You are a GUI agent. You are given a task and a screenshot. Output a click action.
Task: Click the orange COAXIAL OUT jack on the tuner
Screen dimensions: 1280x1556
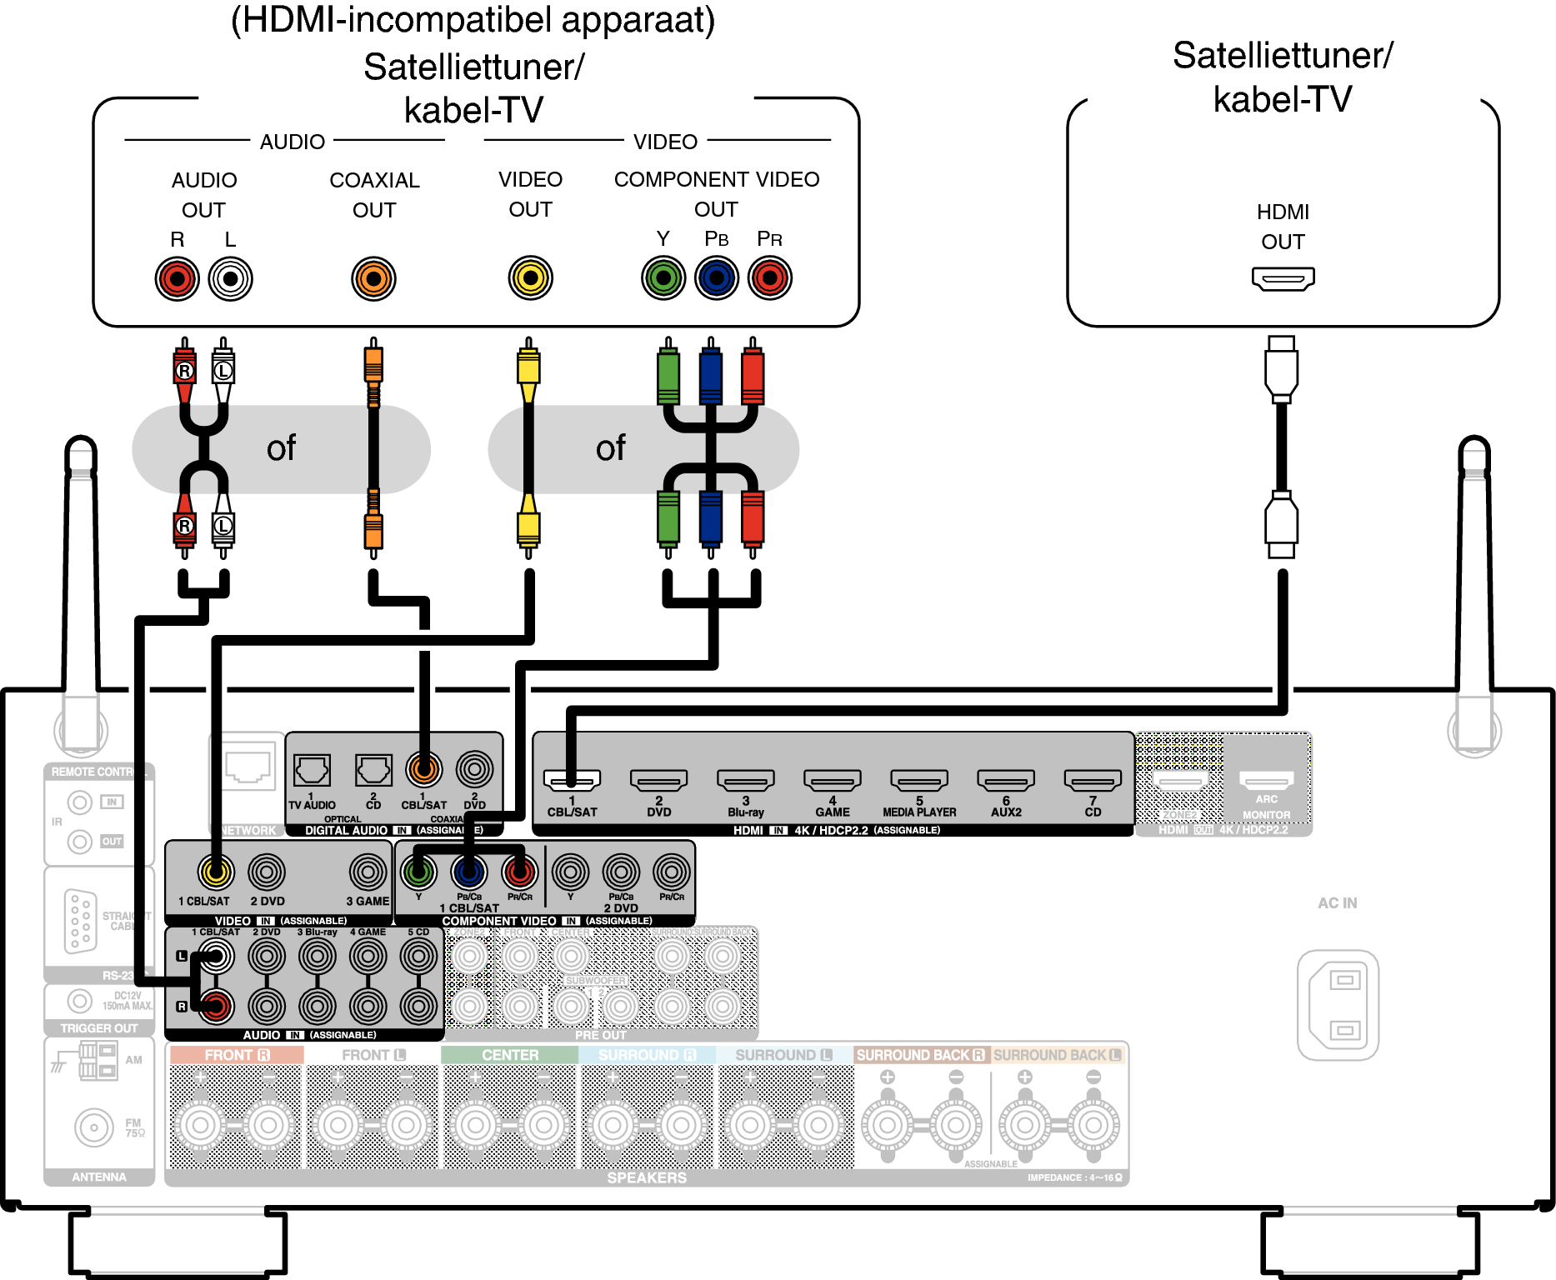(373, 278)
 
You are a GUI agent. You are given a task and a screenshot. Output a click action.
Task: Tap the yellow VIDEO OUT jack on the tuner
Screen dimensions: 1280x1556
(530, 277)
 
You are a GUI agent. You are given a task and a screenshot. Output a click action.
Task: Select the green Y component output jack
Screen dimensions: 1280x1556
(663, 277)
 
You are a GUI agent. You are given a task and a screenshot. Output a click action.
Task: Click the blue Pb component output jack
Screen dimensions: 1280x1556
(717, 277)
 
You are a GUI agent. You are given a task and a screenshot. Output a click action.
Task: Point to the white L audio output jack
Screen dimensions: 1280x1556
(230, 278)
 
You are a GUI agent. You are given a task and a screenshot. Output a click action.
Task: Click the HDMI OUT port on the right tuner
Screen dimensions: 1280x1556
(1283, 278)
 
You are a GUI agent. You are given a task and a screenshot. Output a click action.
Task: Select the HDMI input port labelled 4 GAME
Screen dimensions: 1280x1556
(832, 780)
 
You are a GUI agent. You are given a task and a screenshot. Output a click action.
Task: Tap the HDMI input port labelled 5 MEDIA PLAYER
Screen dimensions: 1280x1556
(919, 780)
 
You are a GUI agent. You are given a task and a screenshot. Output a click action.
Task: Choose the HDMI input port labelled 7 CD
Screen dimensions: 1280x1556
(1093, 780)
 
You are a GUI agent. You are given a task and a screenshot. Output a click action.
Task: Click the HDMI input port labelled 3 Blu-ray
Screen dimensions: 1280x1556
(745, 780)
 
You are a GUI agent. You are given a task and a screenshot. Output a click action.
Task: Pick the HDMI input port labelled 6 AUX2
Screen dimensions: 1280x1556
(1006, 780)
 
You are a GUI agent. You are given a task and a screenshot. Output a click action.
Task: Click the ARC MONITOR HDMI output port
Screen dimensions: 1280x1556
(1266, 780)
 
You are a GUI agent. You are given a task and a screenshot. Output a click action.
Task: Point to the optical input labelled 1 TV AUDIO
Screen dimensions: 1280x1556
(312, 771)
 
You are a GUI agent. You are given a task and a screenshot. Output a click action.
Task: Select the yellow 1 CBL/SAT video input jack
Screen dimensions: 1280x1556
(216, 872)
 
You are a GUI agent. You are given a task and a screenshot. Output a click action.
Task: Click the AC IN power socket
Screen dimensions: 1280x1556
(1338, 1005)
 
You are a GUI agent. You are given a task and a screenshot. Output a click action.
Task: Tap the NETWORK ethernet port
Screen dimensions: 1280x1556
(248, 767)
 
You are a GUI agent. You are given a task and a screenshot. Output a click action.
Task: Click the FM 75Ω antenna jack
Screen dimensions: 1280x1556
(93, 1127)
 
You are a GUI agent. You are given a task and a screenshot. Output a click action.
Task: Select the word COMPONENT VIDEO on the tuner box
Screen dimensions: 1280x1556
(716, 179)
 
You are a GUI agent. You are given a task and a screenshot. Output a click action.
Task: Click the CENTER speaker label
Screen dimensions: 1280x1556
(510, 1055)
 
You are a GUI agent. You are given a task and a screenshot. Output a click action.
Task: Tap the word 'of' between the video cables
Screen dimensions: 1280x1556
(610, 448)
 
